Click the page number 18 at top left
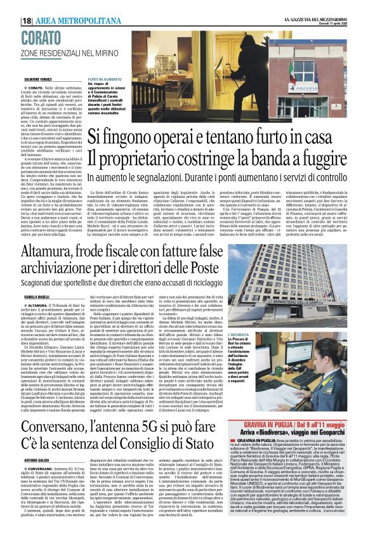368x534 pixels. click(27, 20)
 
